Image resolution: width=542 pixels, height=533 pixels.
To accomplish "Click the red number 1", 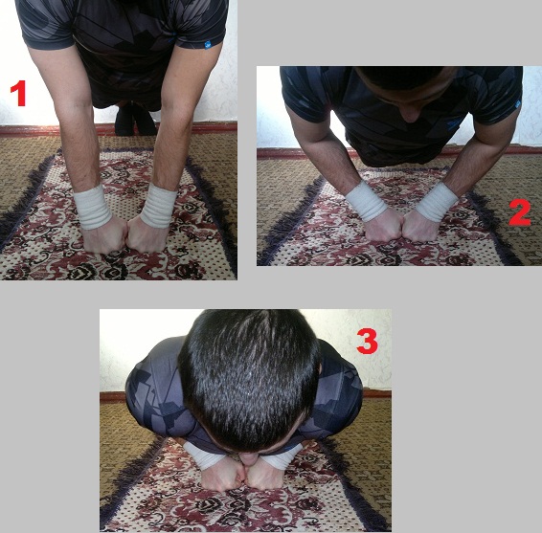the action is [x=18, y=93].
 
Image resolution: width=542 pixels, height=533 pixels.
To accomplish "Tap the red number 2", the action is [x=519, y=212].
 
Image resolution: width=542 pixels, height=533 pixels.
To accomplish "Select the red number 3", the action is [x=367, y=341].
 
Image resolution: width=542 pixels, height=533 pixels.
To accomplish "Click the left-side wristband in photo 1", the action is [x=92, y=208].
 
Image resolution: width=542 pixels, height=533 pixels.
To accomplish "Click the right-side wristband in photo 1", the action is [x=159, y=207].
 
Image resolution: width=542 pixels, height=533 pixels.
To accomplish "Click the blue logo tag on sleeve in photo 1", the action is [x=209, y=45].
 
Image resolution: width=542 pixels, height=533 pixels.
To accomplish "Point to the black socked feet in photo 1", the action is [x=135, y=120].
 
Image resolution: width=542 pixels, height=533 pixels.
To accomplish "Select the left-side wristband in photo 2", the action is [x=367, y=201].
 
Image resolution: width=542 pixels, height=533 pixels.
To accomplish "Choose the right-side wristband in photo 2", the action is [x=437, y=203].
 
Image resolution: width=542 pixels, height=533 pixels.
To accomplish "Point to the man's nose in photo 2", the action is [x=411, y=113].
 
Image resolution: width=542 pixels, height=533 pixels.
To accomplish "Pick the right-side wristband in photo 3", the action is [x=282, y=456].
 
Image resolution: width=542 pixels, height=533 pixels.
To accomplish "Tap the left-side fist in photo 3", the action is [x=222, y=474].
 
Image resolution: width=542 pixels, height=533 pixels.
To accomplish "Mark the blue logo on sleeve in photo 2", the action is [x=517, y=104].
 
